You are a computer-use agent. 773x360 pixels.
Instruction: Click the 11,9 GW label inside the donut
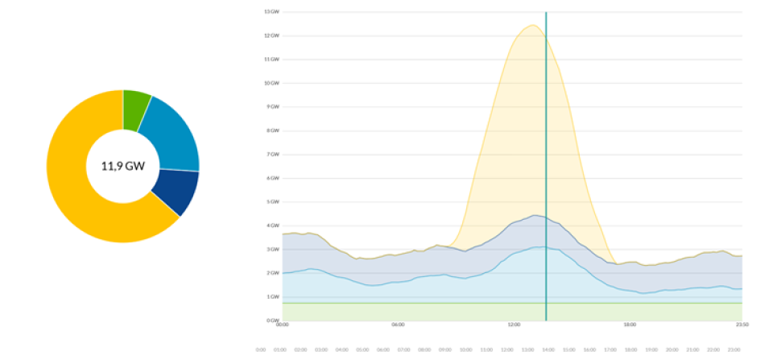click(x=122, y=167)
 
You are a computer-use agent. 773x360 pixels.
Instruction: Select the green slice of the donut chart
click(x=136, y=110)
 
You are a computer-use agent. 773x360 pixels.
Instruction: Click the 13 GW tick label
click(x=271, y=12)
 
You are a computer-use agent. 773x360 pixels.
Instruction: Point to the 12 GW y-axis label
click(x=271, y=35)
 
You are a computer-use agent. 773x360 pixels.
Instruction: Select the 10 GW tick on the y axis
click(x=271, y=83)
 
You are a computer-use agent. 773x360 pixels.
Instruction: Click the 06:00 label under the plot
click(x=398, y=325)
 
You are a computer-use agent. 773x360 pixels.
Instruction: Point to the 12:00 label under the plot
click(x=514, y=325)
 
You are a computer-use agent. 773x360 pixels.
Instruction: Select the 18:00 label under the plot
click(x=630, y=325)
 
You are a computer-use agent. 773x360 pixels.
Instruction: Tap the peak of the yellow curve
click(x=532, y=25)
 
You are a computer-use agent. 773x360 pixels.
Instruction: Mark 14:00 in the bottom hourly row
click(x=548, y=350)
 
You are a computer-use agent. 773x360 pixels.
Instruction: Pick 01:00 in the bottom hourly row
click(x=281, y=350)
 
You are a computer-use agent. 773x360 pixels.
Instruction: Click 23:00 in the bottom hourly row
click(x=734, y=350)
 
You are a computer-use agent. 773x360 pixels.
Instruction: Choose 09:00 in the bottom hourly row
click(x=445, y=350)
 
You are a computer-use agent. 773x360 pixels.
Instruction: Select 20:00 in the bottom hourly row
click(x=672, y=350)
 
